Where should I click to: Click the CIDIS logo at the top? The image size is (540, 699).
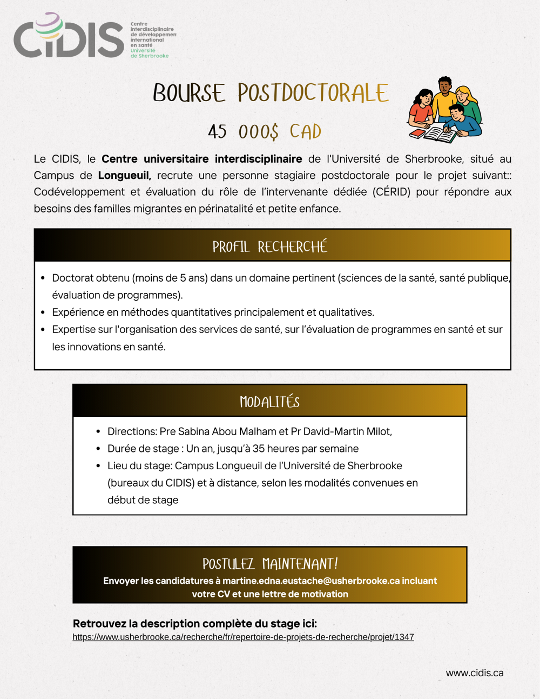pos(69,37)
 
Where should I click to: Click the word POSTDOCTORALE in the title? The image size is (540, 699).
pos(313,94)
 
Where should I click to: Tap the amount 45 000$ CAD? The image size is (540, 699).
pos(265,132)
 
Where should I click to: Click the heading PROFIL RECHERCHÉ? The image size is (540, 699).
pos(270,247)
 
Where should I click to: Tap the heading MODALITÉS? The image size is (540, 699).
pos(269,402)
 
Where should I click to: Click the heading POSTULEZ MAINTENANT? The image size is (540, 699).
pos(270,564)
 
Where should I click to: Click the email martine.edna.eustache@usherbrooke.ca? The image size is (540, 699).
pos(311,581)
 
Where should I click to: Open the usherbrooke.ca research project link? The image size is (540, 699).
pos(243,637)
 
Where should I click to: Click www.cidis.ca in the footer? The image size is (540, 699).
pos(475,673)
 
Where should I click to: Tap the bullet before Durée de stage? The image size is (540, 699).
pos(98,449)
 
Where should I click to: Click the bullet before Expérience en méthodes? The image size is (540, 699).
pos(43,312)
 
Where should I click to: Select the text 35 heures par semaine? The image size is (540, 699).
pos(306,449)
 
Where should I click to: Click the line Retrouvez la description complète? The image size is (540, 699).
pos(195,624)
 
